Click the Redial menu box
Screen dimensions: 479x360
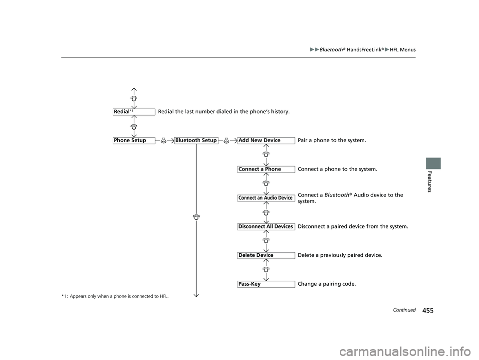[134, 112]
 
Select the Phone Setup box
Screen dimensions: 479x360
[134, 141]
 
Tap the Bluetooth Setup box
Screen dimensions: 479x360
[196, 141]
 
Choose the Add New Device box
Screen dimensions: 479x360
[266, 141]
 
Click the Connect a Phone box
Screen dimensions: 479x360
[266, 169]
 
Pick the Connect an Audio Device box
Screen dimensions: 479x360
[266, 198]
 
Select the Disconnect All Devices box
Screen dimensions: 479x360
[266, 226]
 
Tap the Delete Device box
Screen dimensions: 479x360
[266, 255]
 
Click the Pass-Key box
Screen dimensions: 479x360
[266, 284]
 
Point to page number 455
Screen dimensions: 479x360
[428, 311]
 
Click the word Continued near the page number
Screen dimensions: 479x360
[404, 310]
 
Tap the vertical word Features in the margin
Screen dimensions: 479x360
[430, 181]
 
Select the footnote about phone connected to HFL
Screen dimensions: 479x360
[115, 296]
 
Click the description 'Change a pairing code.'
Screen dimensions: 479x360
[327, 284]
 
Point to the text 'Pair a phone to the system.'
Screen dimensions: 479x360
[332, 141]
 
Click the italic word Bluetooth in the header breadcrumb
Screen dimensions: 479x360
[331, 50]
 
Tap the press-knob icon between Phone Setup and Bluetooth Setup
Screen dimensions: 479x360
[164, 141]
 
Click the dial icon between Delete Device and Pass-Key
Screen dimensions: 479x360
[266, 270]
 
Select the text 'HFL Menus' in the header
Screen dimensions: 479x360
[403, 50]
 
